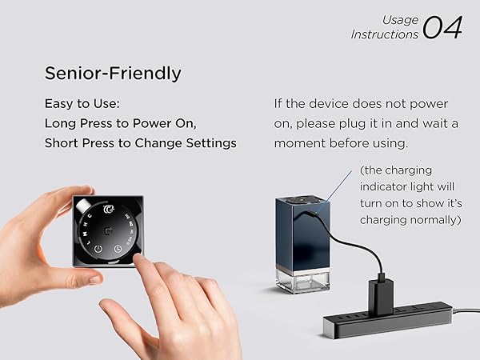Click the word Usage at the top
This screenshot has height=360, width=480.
(400, 20)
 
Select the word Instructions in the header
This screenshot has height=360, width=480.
(385, 34)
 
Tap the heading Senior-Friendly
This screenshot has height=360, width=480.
(113, 74)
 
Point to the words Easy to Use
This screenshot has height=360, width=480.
(79, 104)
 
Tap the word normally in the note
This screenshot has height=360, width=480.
(432, 220)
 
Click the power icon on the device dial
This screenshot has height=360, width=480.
(98, 249)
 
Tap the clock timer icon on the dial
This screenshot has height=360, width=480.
(118, 249)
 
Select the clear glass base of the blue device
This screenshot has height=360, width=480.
(302, 279)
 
